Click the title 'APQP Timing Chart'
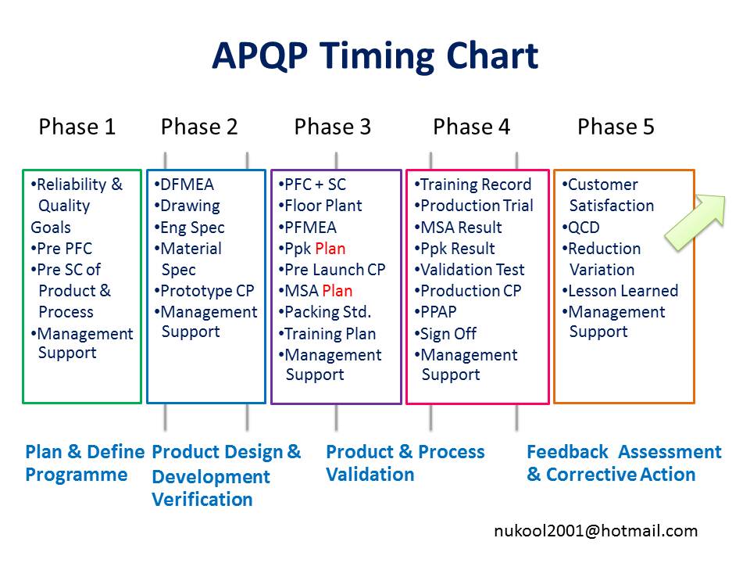click(375, 56)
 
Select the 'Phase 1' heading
click(77, 127)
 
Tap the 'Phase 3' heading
click(333, 127)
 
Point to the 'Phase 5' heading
click(616, 127)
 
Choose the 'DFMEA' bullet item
click(184, 185)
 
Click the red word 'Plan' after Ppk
click(330, 249)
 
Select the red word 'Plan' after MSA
click(337, 291)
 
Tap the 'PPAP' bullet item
click(435, 312)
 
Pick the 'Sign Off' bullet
click(445, 333)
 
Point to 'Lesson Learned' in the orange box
click(620, 291)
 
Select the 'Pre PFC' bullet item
click(61, 249)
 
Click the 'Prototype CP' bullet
click(204, 291)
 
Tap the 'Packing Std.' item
click(325, 312)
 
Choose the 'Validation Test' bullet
click(470, 270)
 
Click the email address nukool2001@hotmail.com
click(595, 531)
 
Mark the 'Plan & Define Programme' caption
click(84, 463)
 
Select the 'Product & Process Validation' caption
click(405, 463)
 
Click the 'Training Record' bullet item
click(473, 185)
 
